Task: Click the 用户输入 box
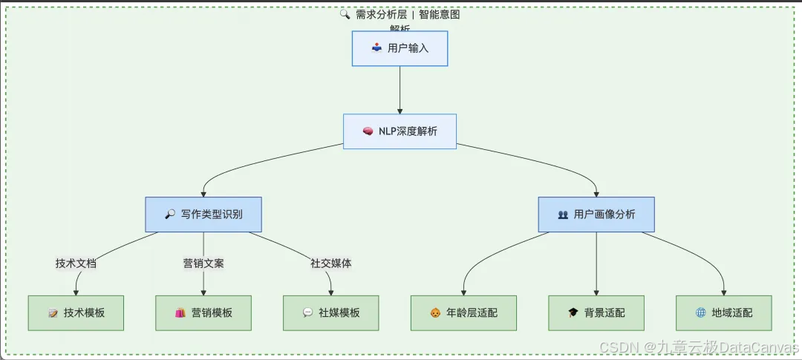400,48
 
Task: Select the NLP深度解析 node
400,131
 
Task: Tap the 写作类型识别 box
203,215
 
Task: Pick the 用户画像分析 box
596,215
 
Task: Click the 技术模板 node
76,312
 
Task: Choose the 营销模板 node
203,312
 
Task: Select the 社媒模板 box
331,312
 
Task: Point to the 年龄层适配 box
464,312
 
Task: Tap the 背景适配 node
596,312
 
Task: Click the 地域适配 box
724,312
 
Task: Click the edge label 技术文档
76,264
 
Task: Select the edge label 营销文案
203,264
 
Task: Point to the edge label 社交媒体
331,264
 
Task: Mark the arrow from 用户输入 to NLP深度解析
400,89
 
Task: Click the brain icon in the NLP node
368,131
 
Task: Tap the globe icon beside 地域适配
700,312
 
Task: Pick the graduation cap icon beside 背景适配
573,312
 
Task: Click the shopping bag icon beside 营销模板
180,312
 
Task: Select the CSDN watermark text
698,347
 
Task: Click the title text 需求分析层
381,14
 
